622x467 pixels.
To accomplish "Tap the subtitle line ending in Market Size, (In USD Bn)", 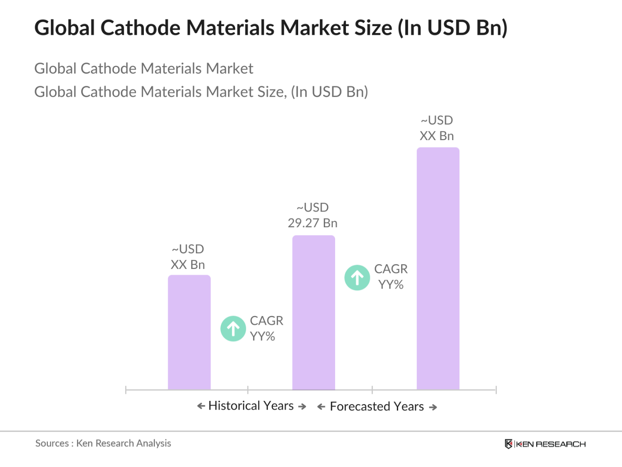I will [201, 92].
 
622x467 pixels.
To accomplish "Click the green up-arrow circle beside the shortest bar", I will [233, 329].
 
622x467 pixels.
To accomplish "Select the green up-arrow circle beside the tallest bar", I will [357, 278].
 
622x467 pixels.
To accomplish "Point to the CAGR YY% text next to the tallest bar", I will [391, 277].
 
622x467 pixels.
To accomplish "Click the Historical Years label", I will [251, 406].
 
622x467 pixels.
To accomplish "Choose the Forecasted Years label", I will [377, 407].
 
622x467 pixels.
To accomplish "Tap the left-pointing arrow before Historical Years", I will [201, 406].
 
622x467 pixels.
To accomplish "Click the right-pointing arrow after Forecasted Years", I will [433, 407].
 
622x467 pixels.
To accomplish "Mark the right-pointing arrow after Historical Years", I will [302, 407].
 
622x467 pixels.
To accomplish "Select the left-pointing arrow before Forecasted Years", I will [321, 407].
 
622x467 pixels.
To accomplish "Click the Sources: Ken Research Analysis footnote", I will [103, 443].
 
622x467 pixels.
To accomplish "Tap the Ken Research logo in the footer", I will [545, 444].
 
